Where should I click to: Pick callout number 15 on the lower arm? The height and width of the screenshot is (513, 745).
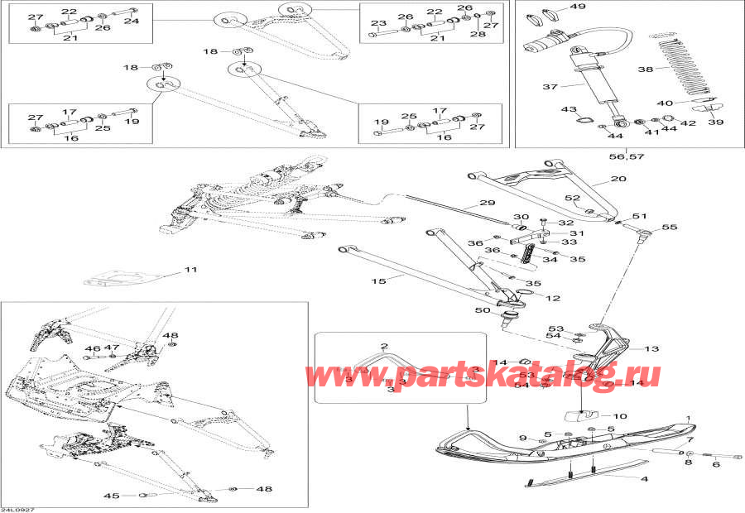[378, 281]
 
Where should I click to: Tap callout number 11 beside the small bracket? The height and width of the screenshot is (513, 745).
[191, 271]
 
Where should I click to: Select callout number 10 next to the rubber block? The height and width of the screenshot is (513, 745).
[620, 416]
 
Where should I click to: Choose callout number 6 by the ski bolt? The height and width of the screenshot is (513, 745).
[716, 464]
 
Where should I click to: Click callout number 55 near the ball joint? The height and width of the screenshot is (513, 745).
[669, 227]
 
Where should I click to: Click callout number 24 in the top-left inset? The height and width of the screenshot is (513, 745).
[132, 22]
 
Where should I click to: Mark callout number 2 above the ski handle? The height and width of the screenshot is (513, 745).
[383, 345]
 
